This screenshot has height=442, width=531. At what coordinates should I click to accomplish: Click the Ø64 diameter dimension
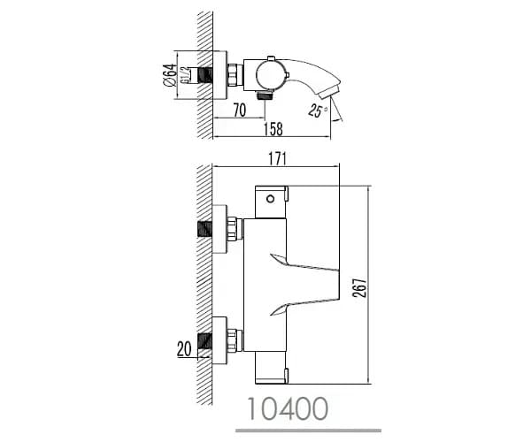pos(170,75)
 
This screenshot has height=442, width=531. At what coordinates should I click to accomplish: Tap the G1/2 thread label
pos(185,75)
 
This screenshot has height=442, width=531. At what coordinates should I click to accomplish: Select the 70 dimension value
pos(240,110)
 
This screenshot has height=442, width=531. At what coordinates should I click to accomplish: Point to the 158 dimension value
pos(273,129)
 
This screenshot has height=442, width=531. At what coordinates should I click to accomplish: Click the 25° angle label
pos(318,110)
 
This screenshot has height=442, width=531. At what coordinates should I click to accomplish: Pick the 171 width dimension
pos(277,159)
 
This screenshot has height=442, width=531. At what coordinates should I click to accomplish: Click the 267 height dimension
pos(359,288)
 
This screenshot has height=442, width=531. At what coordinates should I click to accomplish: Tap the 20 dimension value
pos(184,349)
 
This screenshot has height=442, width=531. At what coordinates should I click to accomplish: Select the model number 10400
pos(288,408)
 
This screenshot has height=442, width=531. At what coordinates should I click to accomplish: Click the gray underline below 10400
pos(309,431)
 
